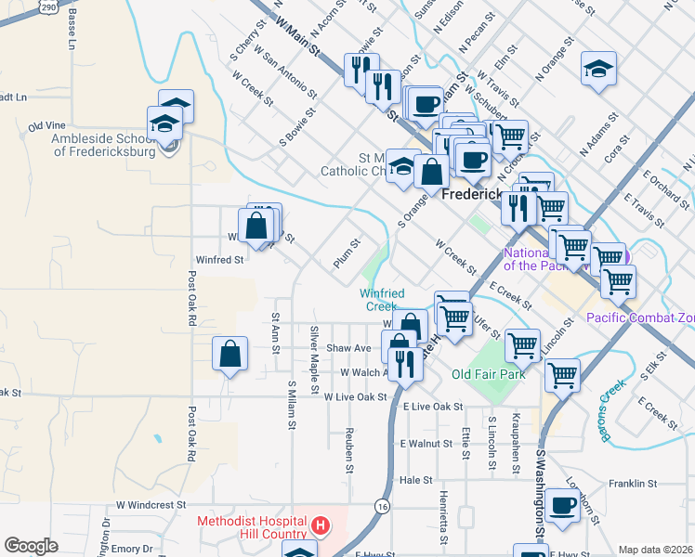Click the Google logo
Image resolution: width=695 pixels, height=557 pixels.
pos(31,546)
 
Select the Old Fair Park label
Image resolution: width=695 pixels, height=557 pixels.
pos(488,374)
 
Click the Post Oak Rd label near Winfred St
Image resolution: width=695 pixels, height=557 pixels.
pos(191,297)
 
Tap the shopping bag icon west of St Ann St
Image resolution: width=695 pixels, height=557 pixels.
pos(230,354)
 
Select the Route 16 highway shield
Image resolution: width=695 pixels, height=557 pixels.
pos(382,506)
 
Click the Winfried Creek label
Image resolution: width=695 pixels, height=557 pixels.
pos(382,300)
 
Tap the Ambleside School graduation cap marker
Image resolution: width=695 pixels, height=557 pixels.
pos(164,123)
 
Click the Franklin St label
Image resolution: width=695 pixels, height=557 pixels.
pos(634,484)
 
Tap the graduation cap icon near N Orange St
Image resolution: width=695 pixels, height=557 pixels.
pos(598,68)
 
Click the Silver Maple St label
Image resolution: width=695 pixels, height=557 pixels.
pos(315,352)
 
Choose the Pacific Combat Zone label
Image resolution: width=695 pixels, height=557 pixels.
pos(640,317)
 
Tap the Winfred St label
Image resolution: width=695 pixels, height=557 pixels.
pos(218,260)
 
